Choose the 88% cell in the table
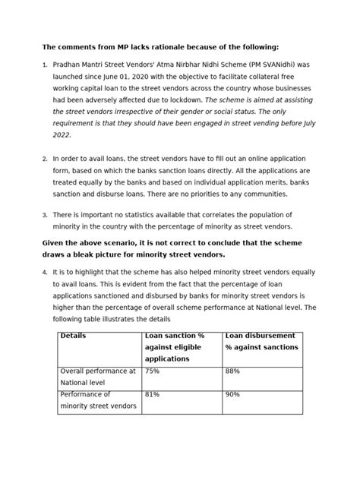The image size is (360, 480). (x=232, y=371)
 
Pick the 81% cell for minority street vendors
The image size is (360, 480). (x=152, y=395)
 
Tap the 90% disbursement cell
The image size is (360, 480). (x=232, y=395)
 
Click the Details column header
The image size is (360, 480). (x=74, y=335)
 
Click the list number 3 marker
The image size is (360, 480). (x=45, y=216)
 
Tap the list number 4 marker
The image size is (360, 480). (x=45, y=273)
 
